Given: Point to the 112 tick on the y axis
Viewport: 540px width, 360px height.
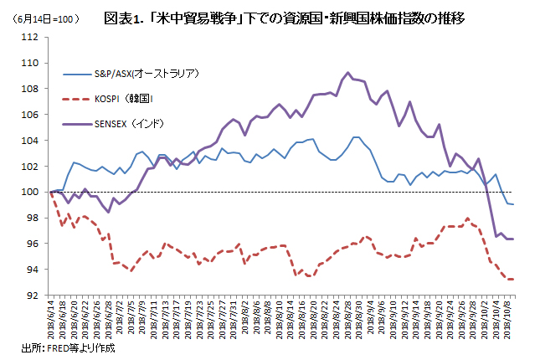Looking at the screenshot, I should pos(30,37).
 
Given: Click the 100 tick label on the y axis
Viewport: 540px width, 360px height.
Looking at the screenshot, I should pos(30,192).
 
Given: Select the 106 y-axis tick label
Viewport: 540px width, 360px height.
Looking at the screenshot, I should pos(30,115).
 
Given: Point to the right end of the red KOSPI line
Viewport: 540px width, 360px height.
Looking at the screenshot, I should pos(512,280).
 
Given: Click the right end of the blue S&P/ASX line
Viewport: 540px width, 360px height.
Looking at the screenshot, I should pos(512,204).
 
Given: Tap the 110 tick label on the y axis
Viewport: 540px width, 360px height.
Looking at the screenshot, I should pos(30,63).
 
